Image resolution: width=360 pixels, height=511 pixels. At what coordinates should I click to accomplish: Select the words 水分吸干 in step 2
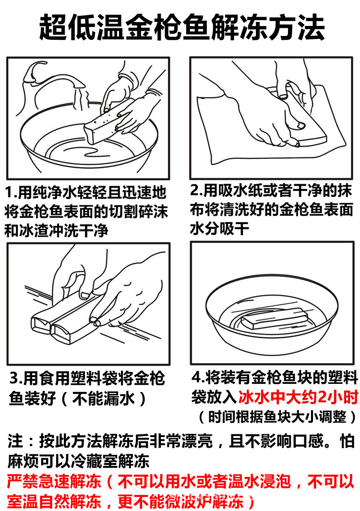220,228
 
